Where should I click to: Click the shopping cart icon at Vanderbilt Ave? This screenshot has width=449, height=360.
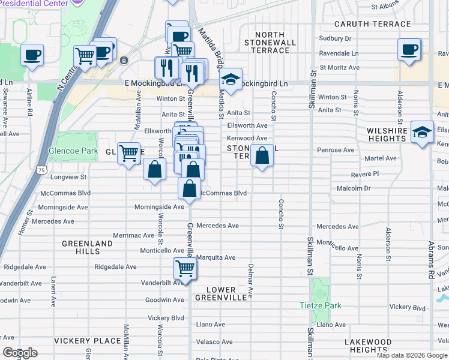(x=185, y=268)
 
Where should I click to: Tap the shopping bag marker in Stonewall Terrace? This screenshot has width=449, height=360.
(x=262, y=156)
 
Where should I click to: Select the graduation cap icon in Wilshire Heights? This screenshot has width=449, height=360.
(x=423, y=132)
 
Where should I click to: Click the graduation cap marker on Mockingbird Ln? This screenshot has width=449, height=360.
(x=230, y=79)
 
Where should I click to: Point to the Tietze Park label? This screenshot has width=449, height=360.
(x=321, y=305)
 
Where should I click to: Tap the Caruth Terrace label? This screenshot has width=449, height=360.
(x=373, y=25)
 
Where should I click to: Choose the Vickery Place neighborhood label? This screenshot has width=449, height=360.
(x=88, y=341)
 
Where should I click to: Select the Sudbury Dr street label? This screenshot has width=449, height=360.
(x=335, y=38)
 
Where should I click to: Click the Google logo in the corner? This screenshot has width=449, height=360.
(x=20, y=353)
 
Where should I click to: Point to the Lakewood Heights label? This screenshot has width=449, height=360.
(x=368, y=346)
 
